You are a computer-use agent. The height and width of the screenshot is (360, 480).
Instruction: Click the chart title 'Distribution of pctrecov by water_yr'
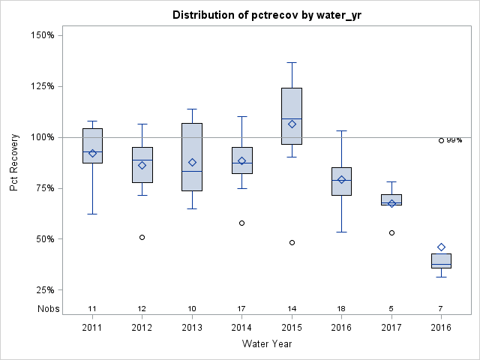point(266,15)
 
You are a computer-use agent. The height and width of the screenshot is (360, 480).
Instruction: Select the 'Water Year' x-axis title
point(266,343)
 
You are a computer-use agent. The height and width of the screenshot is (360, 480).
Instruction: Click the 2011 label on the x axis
point(92,327)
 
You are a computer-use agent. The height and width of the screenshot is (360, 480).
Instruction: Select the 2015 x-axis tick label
point(292,327)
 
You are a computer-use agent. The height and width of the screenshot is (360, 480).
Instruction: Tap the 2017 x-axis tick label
point(391,327)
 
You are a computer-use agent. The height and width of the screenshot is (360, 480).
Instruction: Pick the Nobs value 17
point(241,308)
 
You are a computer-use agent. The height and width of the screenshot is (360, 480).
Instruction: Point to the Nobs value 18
point(341,308)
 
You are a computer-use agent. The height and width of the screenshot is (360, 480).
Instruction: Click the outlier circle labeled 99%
point(441,140)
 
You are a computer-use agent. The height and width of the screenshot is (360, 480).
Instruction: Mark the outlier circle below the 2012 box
point(142,237)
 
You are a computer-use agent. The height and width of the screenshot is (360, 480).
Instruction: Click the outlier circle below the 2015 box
point(292,242)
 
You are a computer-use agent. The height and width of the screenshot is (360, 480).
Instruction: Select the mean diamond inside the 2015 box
point(292,124)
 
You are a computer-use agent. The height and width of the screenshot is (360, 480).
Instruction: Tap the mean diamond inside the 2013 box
point(192,162)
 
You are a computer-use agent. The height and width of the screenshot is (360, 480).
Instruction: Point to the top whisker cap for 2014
point(241,116)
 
